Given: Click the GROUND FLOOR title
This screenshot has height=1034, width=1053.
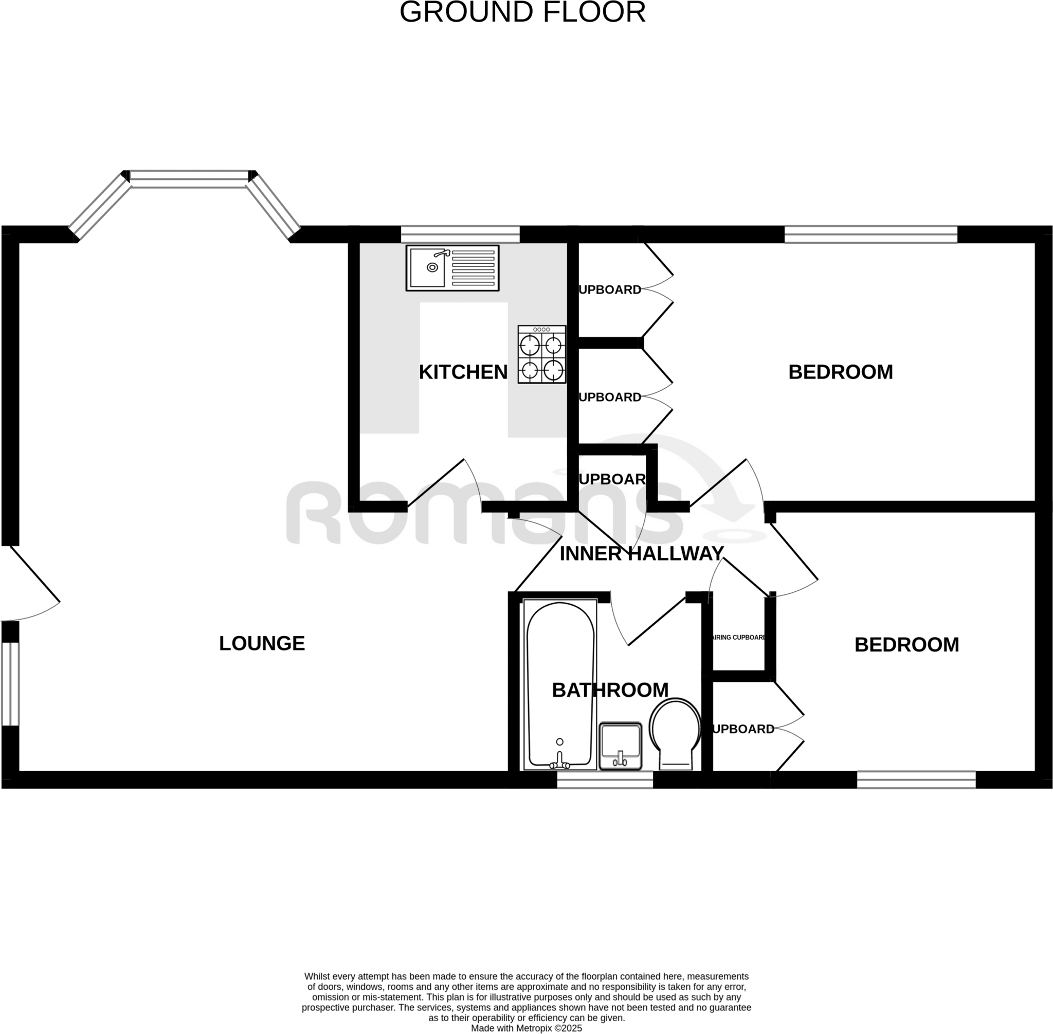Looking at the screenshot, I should pos(522,12).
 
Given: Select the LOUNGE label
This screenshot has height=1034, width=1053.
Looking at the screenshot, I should pos(262,644).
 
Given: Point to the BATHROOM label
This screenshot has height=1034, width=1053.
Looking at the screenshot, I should pos(610,690).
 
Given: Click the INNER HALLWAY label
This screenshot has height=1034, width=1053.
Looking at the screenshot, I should pos(641,554).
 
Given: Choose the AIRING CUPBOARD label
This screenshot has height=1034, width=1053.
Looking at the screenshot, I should pos(738,638).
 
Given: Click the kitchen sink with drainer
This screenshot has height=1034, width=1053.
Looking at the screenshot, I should pos(452,268).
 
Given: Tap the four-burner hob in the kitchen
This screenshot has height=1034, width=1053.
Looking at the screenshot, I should pos(541,355).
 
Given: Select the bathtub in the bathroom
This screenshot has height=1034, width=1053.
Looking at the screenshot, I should pos(559,685).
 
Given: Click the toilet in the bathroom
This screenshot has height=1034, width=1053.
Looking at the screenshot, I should pos(675,733).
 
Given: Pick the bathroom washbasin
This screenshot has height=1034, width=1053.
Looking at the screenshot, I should pos(620,746).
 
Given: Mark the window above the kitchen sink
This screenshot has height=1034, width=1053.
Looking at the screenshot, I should pos(460,234).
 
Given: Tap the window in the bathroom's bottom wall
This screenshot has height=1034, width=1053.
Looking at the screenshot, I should pos(605,780).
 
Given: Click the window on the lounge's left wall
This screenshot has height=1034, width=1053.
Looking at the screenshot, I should pos(10,684).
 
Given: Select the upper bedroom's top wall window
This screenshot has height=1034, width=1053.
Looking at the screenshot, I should pos(870,234).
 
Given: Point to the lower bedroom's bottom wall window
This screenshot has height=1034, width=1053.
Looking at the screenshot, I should pos(916,780).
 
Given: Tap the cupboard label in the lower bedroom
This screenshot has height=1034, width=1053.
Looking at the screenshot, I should pos(743,729).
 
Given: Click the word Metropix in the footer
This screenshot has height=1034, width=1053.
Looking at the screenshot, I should pos(543,1028).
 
